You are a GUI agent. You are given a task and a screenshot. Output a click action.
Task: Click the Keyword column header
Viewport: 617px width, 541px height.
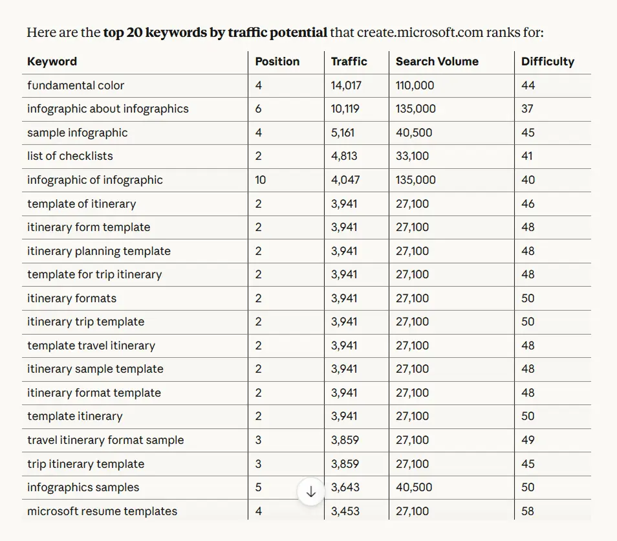coord(52,61)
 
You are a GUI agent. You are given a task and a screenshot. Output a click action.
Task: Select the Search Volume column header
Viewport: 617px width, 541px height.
coord(437,61)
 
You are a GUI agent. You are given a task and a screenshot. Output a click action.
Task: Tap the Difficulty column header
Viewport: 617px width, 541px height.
coord(547,61)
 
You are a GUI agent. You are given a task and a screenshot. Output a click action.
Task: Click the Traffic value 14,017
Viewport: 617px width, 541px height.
coord(346,85)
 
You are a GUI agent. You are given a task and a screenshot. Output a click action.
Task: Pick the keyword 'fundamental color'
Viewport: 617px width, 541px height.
coord(76,85)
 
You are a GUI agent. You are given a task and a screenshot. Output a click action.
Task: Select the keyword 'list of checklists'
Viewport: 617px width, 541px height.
coord(70,156)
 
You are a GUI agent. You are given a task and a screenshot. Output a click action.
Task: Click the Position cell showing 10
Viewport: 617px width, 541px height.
coord(260,180)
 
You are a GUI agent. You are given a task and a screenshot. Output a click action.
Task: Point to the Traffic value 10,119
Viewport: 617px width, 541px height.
coord(345,109)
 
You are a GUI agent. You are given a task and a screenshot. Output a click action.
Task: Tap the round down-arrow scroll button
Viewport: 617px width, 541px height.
coord(310,491)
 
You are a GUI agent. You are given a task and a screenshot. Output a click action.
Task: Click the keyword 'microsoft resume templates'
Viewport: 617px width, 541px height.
coord(102,511)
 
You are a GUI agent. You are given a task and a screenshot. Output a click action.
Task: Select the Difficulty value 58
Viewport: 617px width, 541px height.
coord(528,511)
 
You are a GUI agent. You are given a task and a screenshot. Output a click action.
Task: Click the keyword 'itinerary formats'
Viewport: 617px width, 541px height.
coord(72,298)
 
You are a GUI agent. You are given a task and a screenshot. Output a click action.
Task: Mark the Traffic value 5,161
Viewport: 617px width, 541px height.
coord(343,133)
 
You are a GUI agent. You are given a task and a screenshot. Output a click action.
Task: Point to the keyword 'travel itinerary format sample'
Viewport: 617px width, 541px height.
coord(105,440)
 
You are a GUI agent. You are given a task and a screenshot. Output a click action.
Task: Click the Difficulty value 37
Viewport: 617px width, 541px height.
coord(527,109)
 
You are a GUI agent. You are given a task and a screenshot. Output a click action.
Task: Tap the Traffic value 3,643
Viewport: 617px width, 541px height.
coord(345,487)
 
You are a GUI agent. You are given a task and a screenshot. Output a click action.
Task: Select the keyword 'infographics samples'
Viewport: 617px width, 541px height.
coord(83,487)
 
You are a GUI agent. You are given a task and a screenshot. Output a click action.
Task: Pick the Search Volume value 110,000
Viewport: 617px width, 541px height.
coord(415,85)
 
